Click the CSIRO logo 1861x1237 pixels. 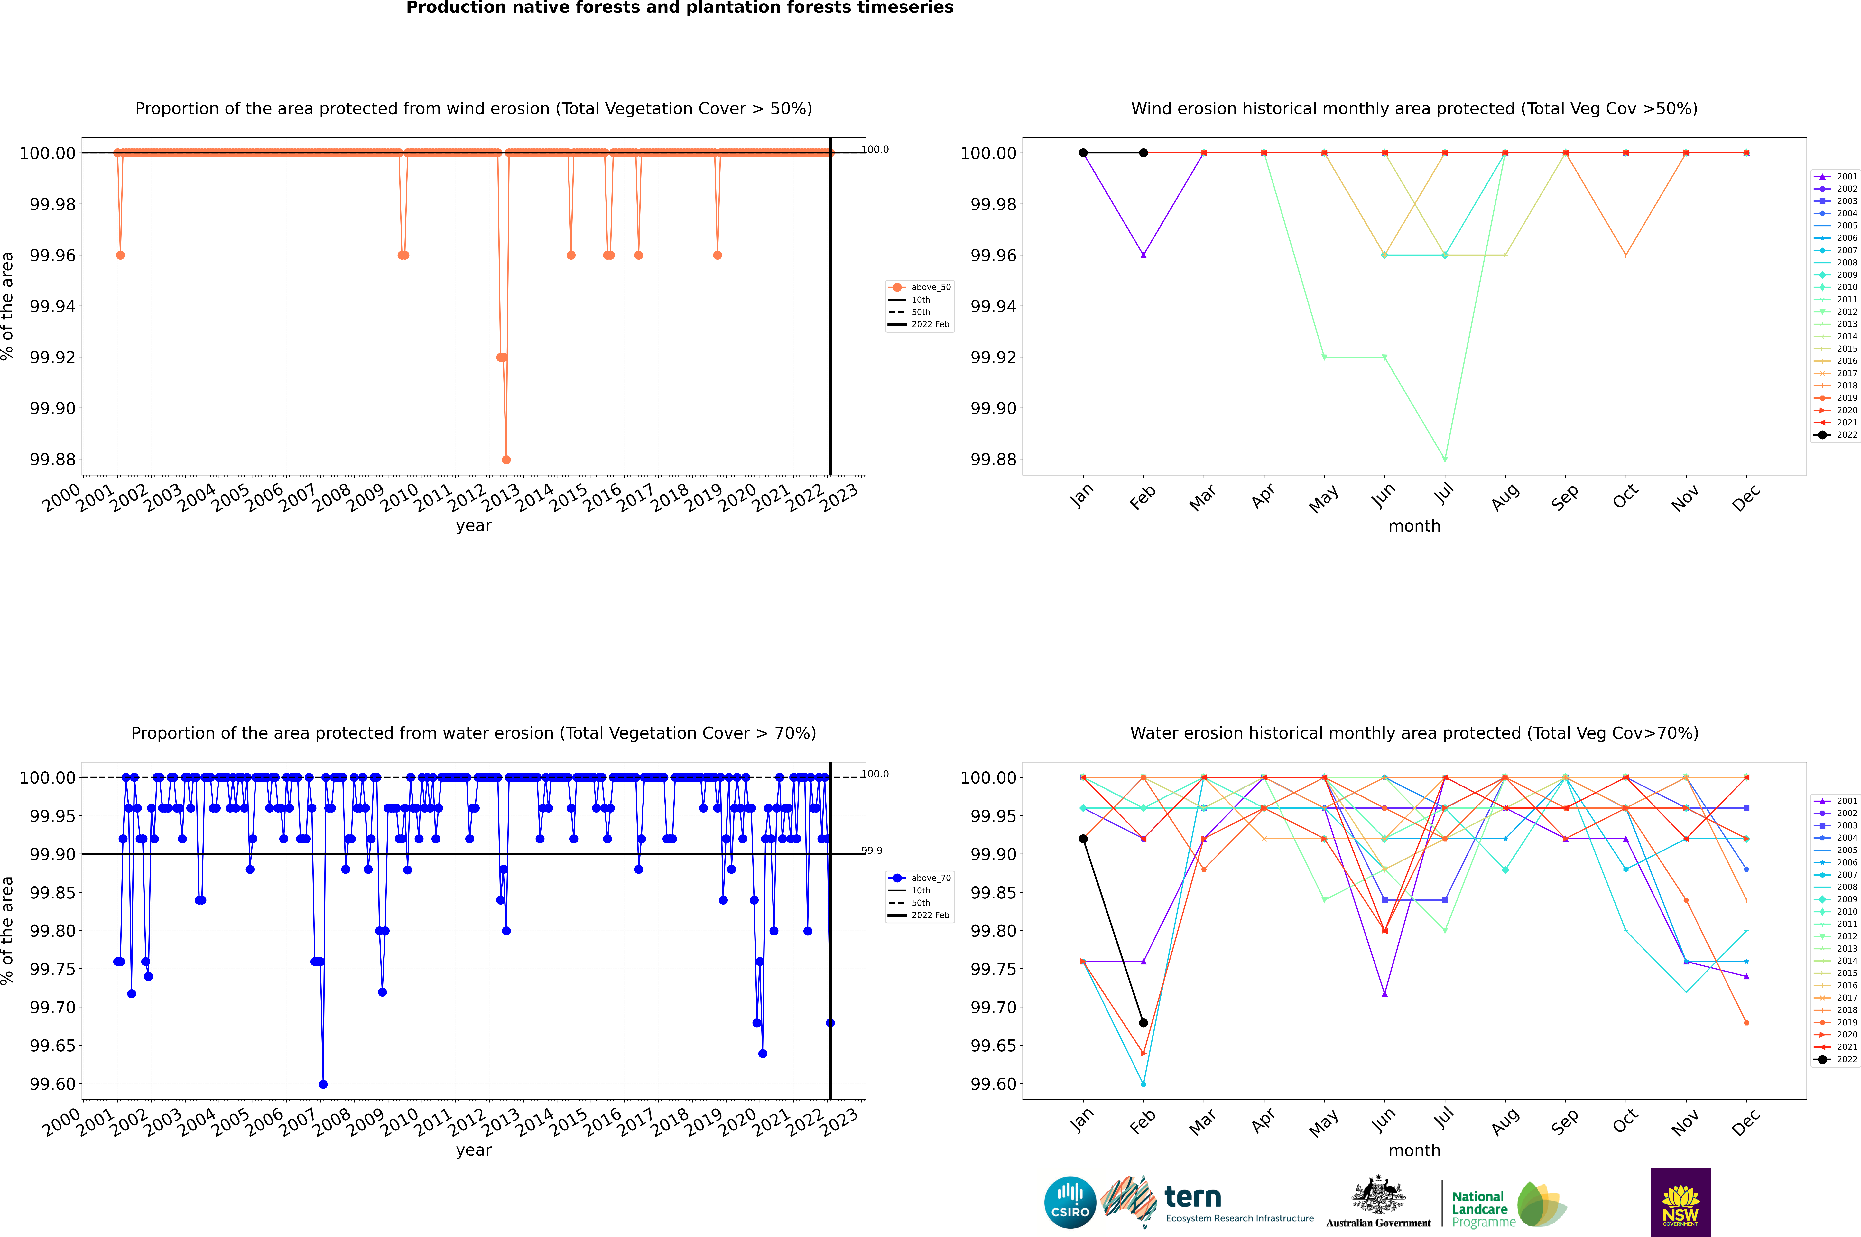tap(1070, 1202)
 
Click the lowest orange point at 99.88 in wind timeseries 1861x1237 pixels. tap(506, 459)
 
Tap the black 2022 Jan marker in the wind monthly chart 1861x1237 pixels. tap(1083, 153)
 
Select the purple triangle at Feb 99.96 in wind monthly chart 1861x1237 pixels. tap(1143, 255)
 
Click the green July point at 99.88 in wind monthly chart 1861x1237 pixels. tap(1444, 459)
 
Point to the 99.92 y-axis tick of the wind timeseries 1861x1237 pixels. tap(53, 357)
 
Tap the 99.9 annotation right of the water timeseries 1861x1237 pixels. tap(872, 851)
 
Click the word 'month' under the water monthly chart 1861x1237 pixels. tap(1414, 1150)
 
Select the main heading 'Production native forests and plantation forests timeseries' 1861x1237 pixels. tap(679, 8)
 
